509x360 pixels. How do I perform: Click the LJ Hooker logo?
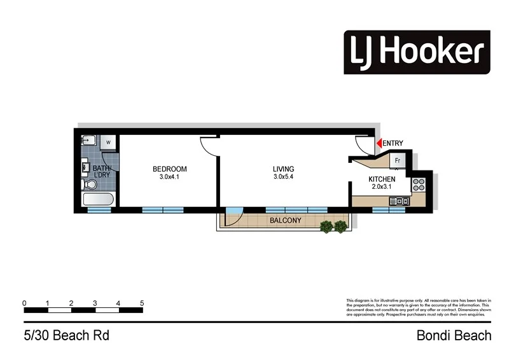click(417, 52)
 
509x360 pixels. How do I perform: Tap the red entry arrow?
click(377, 144)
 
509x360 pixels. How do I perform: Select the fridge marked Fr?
click(397, 160)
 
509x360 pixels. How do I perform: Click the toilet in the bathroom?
click(90, 184)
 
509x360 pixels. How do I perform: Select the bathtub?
click(99, 200)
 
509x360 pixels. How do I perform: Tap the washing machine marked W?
click(108, 142)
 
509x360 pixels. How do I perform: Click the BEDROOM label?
click(170, 169)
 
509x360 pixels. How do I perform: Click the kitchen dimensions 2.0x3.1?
click(382, 188)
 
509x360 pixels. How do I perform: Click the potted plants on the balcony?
click(335, 226)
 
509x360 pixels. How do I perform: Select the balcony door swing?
click(233, 216)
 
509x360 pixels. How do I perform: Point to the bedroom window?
click(163, 209)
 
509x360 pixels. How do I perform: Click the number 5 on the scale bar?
click(142, 303)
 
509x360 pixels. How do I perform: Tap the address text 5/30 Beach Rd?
click(58, 335)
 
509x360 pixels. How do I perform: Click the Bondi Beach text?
click(454, 335)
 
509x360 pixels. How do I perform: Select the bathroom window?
click(99, 209)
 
